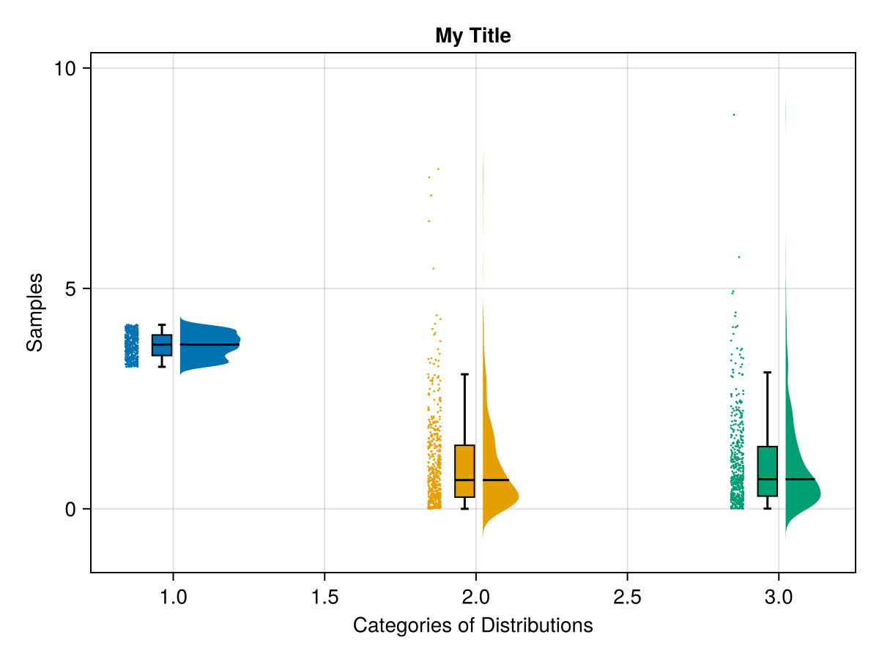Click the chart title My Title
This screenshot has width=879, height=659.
(x=472, y=35)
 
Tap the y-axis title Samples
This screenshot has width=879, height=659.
(x=34, y=312)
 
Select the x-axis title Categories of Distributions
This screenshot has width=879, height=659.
(x=472, y=626)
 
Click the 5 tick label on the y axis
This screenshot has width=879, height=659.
(x=70, y=289)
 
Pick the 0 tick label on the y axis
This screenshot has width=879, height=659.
(x=70, y=510)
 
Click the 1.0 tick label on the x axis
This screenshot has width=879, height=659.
(x=173, y=597)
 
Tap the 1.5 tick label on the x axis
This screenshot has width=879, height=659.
(x=324, y=597)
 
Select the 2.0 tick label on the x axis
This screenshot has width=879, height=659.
(x=476, y=597)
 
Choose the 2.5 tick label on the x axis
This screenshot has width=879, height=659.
(x=627, y=597)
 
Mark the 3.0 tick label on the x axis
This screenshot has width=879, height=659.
(x=778, y=597)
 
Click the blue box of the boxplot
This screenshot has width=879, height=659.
(x=162, y=346)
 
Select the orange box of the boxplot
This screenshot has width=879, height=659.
(x=464, y=471)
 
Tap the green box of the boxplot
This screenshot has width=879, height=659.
(x=767, y=471)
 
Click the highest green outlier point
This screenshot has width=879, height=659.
(x=733, y=115)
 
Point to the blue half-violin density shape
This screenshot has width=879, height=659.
(x=209, y=345)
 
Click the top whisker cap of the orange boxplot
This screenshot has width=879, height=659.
(x=464, y=374)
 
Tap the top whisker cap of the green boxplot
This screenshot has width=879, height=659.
(x=767, y=373)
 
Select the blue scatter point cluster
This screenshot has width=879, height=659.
(x=131, y=346)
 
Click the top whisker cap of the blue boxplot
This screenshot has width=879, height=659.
(x=162, y=324)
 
